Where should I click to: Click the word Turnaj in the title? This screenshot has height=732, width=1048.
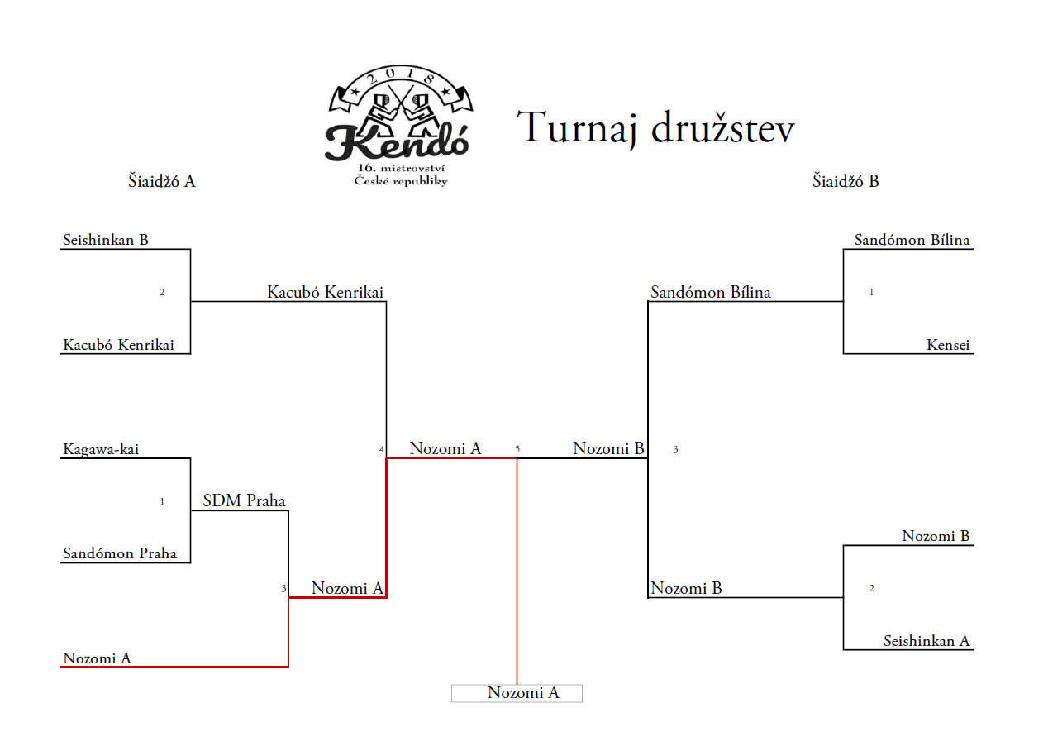click(x=578, y=128)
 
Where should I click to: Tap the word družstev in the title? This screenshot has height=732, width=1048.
click(x=723, y=127)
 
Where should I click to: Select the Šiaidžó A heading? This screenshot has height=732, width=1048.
click(x=161, y=181)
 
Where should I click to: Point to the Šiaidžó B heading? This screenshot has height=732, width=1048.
click(x=846, y=181)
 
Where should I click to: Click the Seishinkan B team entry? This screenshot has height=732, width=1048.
click(x=106, y=240)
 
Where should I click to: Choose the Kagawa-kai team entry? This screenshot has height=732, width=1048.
click(x=101, y=450)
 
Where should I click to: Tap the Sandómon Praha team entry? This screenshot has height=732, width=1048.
click(x=120, y=553)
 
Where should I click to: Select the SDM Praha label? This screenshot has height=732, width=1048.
click(x=244, y=500)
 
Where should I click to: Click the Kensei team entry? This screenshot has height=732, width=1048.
click(x=948, y=345)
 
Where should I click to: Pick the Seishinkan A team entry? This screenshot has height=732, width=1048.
click(x=927, y=641)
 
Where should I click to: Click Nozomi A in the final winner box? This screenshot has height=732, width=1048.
click(x=523, y=692)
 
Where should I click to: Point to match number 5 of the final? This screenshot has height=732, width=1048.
click(x=517, y=448)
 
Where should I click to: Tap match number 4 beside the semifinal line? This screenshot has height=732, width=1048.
click(x=382, y=450)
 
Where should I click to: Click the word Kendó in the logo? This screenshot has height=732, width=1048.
click(x=397, y=142)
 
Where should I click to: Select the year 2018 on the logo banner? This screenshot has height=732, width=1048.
click(x=401, y=75)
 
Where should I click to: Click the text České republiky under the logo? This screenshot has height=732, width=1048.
click(x=401, y=181)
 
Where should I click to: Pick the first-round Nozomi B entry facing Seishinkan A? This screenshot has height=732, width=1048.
click(x=936, y=536)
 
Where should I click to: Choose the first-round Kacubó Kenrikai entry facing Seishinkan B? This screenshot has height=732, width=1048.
click(x=118, y=345)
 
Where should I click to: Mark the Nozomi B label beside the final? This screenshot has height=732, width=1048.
click(x=608, y=448)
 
